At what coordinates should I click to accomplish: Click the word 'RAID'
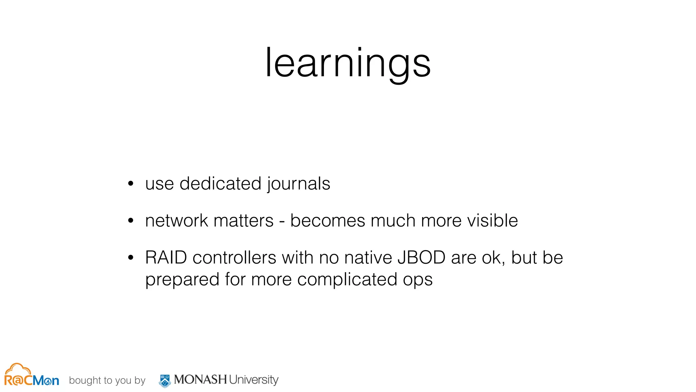[166, 258]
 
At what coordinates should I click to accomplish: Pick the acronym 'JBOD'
[421, 258]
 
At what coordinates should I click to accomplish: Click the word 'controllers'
[234, 258]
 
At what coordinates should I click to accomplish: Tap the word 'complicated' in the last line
[347, 280]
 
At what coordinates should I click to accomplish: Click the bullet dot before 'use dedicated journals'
[131, 184]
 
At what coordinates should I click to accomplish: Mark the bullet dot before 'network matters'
[131, 221]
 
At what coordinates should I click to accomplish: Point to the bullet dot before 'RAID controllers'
[131, 258]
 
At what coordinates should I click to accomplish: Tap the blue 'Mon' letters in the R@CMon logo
[46, 380]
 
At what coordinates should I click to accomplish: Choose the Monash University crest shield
[165, 381]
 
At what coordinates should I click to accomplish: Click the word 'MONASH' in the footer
[200, 379]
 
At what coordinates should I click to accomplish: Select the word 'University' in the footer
[253, 380]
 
